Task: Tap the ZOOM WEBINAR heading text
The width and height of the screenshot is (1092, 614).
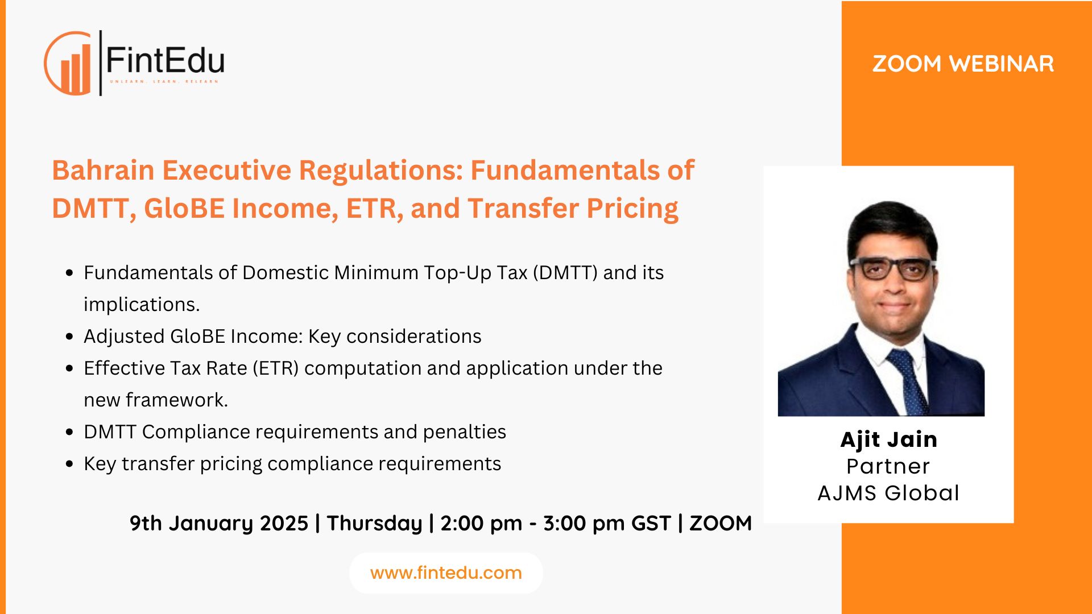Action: pyautogui.click(x=963, y=64)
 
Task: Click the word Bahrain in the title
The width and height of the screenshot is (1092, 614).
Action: pyautogui.click(x=103, y=170)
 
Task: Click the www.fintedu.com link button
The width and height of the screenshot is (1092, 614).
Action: pyautogui.click(x=446, y=573)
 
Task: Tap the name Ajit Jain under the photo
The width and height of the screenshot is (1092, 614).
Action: pyautogui.click(x=888, y=439)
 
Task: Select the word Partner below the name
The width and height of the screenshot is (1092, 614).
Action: pyautogui.click(x=888, y=466)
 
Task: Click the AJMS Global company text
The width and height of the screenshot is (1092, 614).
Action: pyautogui.click(x=888, y=493)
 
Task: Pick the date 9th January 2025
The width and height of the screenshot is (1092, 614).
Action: pyautogui.click(x=219, y=523)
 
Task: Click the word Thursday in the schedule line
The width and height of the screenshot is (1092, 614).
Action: pyautogui.click(x=374, y=523)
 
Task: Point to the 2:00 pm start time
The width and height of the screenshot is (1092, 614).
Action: pyautogui.click(x=481, y=523)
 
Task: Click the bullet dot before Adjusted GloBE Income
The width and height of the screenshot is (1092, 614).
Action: pyautogui.click(x=69, y=337)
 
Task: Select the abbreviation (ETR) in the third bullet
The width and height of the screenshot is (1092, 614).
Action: pyautogui.click(x=276, y=368)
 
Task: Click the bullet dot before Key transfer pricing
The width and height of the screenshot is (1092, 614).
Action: pyautogui.click(x=69, y=464)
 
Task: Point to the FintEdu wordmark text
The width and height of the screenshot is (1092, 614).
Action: pyautogui.click(x=165, y=60)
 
